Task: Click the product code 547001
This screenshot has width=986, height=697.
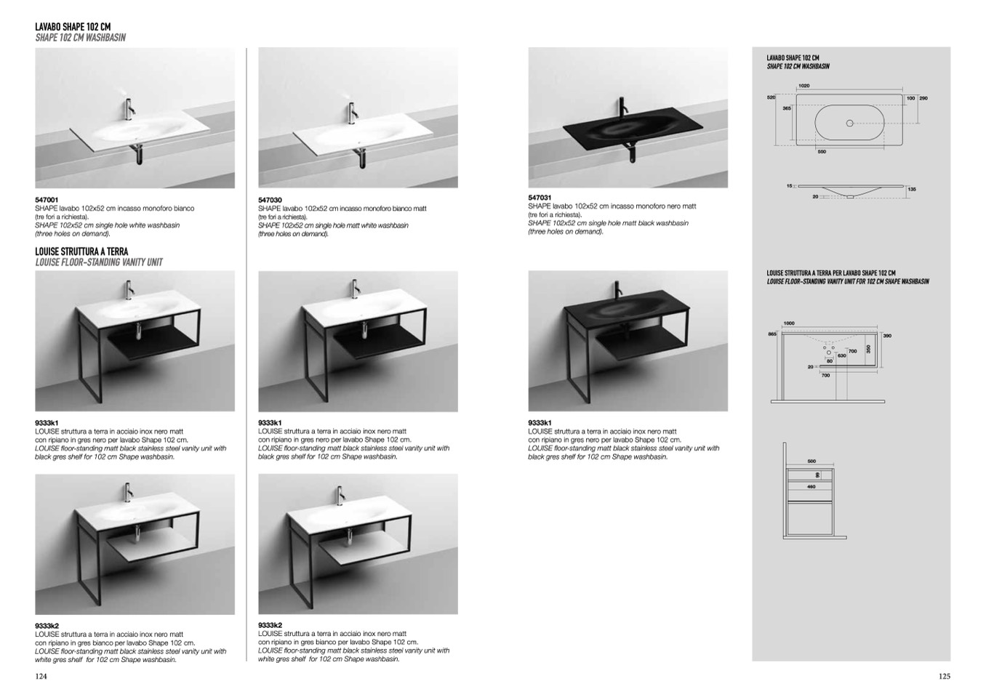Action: click(x=47, y=199)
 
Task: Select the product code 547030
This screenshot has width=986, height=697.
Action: click(x=270, y=200)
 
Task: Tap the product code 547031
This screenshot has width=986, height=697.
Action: click(x=540, y=198)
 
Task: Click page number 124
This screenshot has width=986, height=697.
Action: click(x=41, y=676)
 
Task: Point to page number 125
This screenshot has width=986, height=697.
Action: click(x=944, y=676)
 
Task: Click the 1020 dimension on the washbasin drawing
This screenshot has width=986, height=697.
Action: click(x=803, y=86)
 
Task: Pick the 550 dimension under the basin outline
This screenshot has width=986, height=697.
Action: click(x=821, y=152)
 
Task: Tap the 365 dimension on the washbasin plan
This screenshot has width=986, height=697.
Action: click(x=786, y=108)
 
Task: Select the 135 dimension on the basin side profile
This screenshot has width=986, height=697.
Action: click(x=912, y=189)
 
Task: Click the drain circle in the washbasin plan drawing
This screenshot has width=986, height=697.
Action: click(x=849, y=124)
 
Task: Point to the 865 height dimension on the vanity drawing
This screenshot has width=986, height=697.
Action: click(x=772, y=334)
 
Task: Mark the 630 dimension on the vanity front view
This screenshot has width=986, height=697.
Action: click(x=841, y=356)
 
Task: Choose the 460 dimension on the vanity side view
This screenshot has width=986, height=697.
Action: click(x=811, y=486)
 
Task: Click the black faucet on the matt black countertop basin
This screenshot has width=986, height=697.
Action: click(x=621, y=108)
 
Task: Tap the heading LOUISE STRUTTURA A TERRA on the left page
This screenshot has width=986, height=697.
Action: click(x=81, y=251)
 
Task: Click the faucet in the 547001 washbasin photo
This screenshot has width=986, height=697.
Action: click(x=129, y=109)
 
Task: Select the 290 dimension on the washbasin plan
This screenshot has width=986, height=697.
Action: click(x=923, y=98)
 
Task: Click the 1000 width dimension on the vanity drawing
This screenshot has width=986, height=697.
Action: click(x=789, y=323)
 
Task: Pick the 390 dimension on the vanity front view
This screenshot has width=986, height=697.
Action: click(x=887, y=336)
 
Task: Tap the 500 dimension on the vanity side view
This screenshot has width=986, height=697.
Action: click(x=811, y=462)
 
